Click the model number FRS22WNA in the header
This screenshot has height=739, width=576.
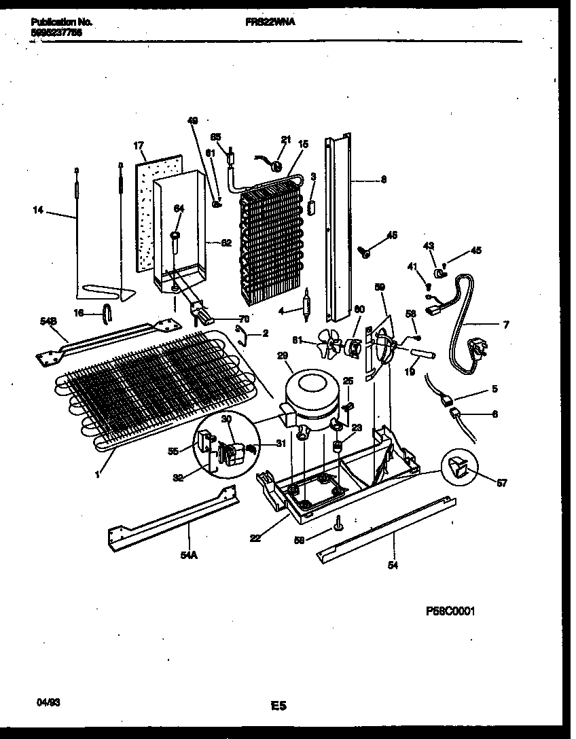(x=270, y=22)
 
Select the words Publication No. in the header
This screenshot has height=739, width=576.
(x=61, y=22)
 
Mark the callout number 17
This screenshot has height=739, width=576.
(x=138, y=145)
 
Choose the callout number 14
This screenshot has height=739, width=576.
(x=37, y=211)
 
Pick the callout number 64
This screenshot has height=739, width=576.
(x=179, y=209)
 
